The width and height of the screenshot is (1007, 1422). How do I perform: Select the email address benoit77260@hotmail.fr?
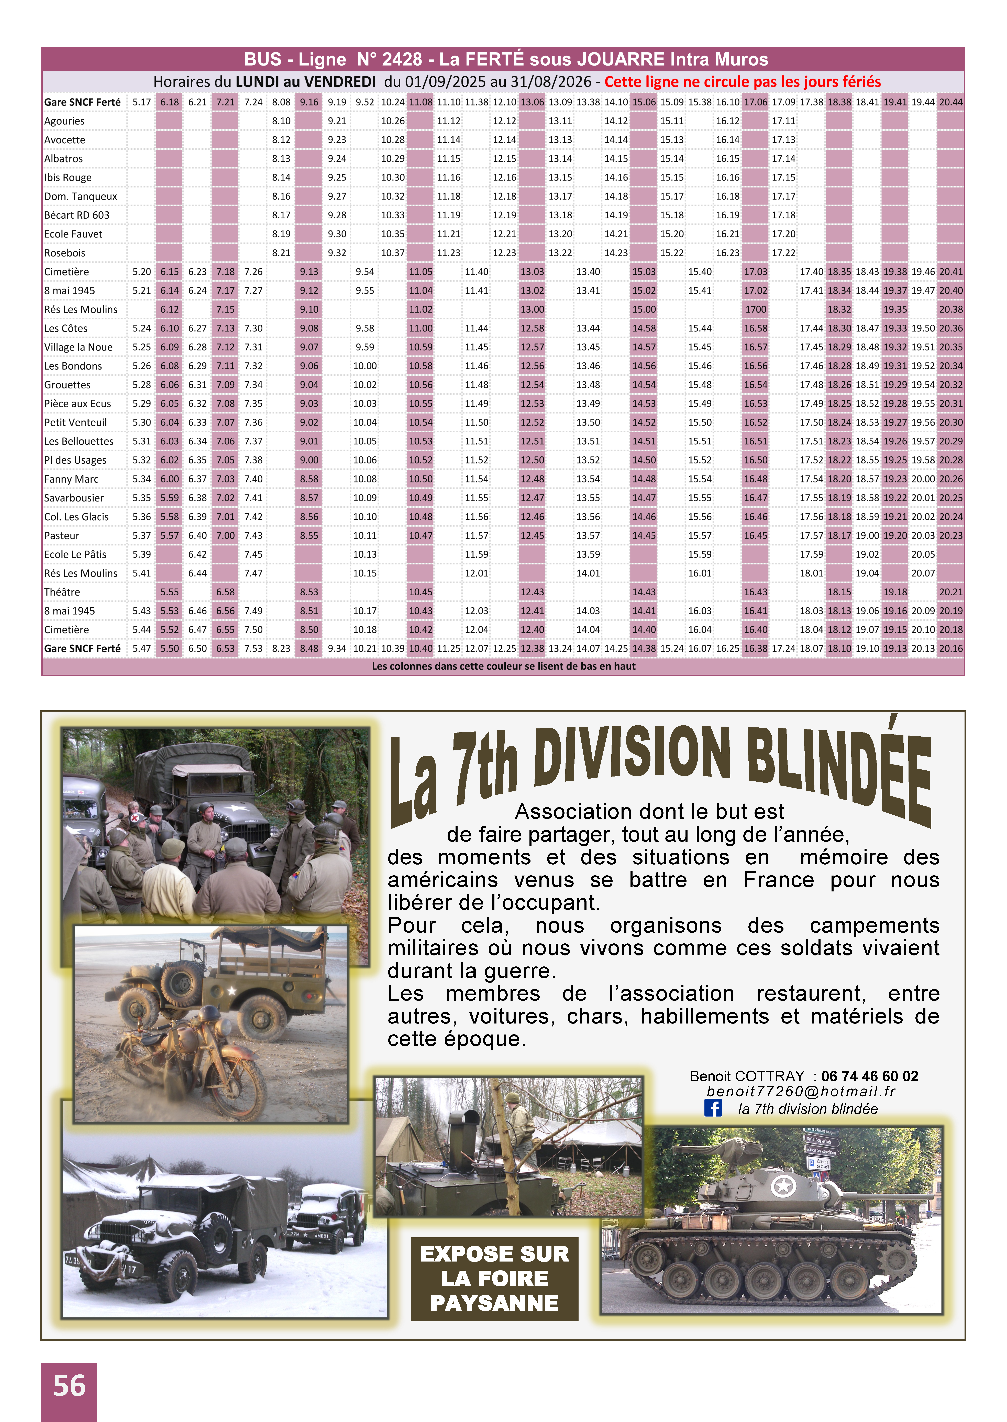click(x=801, y=1091)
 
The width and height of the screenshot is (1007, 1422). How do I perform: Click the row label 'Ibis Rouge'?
click(x=68, y=177)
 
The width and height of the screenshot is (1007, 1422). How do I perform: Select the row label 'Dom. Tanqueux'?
click(x=81, y=197)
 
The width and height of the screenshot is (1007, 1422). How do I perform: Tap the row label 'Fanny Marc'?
click(x=71, y=479)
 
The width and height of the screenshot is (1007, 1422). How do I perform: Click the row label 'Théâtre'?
click(x=62, y=592)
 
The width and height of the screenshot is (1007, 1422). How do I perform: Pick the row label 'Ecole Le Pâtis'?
click(x=75, y=554)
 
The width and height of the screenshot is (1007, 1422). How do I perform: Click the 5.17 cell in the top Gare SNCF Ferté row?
click(x=141, y=102)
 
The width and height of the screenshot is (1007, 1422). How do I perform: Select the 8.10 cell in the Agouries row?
click(x=281, y=121)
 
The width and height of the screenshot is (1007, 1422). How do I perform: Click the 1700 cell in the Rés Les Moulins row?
click(x=755, y=309)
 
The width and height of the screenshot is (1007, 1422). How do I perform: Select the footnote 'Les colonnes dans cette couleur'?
click(x=504, y=666)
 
